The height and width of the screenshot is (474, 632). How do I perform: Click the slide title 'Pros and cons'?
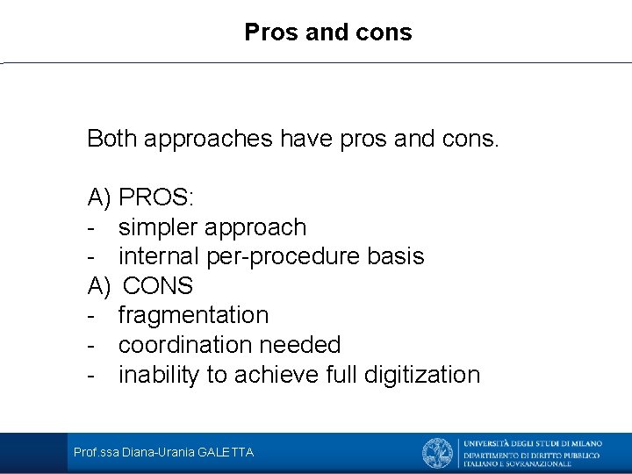(x=328, y=32)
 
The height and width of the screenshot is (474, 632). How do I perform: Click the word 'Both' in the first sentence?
(x=111, y=139)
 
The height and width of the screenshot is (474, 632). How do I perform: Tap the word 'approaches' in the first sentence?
(x=208, y=139)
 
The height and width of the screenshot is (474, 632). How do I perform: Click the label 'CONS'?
(x=158, y=286)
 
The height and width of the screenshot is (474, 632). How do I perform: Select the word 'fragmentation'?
(x=193, y=315)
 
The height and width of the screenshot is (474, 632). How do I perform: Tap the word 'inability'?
(x=159, y=375)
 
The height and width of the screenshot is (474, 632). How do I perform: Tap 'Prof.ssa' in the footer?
(x=97, y=453)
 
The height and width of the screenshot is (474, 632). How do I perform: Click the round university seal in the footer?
(x=437, y=453)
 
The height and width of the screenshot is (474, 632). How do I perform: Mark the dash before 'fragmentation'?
(x=91, y=315)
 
